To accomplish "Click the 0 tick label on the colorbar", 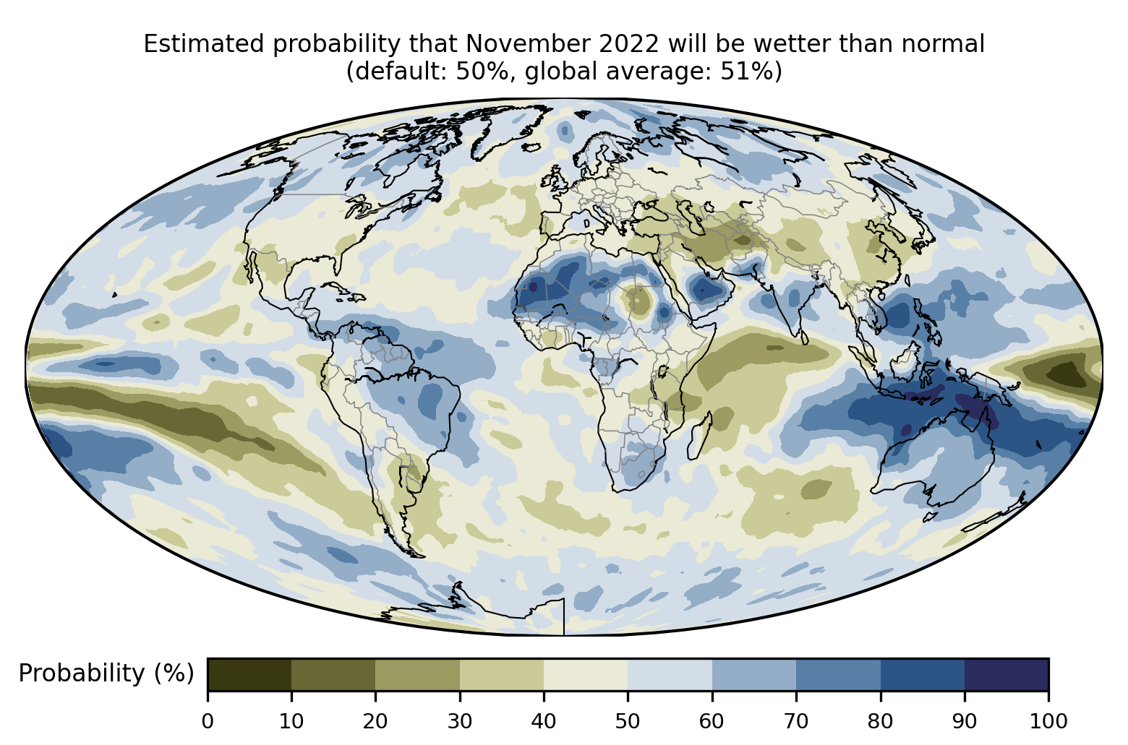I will (208, 720).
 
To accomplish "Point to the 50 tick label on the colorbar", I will (628, 720).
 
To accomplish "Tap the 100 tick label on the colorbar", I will (1048, 720).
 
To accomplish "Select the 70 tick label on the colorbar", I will (796, 720).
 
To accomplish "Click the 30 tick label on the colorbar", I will (460, 720).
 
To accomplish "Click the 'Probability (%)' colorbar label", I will (106, 673).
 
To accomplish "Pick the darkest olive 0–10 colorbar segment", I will (249, 674).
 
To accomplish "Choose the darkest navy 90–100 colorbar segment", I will (1006, 674).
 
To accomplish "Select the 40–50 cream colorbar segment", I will (586, 674).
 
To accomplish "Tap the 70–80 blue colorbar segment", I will (838, 674).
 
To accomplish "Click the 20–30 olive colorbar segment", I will (417, 674).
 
